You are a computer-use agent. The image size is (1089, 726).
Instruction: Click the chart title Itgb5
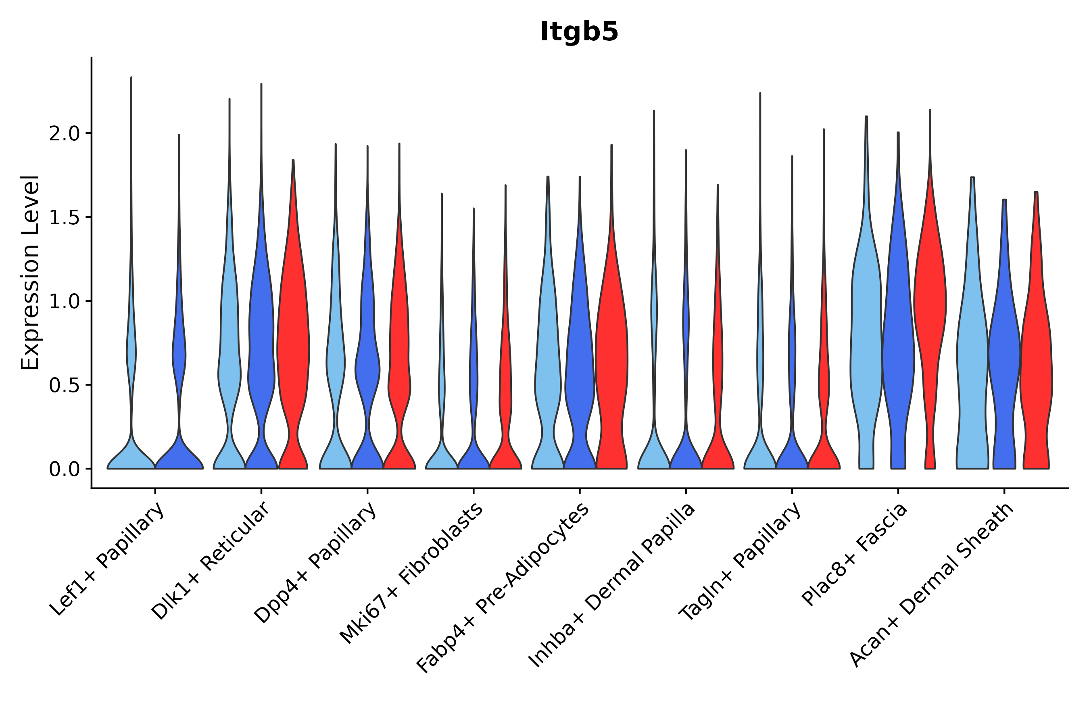coord(579,32)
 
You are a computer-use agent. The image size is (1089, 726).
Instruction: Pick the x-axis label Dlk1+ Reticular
coord(211,561)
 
